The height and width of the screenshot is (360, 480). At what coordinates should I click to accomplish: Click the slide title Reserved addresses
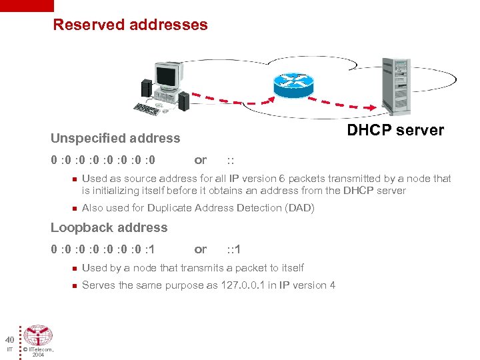(x=130, y=25)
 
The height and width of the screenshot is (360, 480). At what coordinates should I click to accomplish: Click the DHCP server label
(x=395, y=130)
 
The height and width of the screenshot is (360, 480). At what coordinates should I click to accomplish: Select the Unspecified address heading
(x=115, y=139)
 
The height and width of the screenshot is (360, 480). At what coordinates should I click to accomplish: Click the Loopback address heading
(x=109, y=228)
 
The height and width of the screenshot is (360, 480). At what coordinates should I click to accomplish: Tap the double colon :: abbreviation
(x=230, y=160)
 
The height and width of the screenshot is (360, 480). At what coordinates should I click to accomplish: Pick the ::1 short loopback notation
(x=233, y=249)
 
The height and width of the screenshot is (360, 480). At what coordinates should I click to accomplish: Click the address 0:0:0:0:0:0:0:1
(x=103, y=249)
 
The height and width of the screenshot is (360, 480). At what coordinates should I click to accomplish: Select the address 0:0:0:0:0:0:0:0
(x=103, y=160)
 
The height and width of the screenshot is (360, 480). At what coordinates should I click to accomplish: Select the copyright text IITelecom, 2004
(x=38, y=352)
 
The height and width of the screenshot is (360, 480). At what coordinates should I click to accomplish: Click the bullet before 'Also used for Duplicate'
(x=75, y=208)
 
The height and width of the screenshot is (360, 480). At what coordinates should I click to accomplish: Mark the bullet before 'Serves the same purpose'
(x=75, y=285)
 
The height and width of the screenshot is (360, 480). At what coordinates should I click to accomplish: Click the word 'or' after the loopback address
(x=200, y=249)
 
